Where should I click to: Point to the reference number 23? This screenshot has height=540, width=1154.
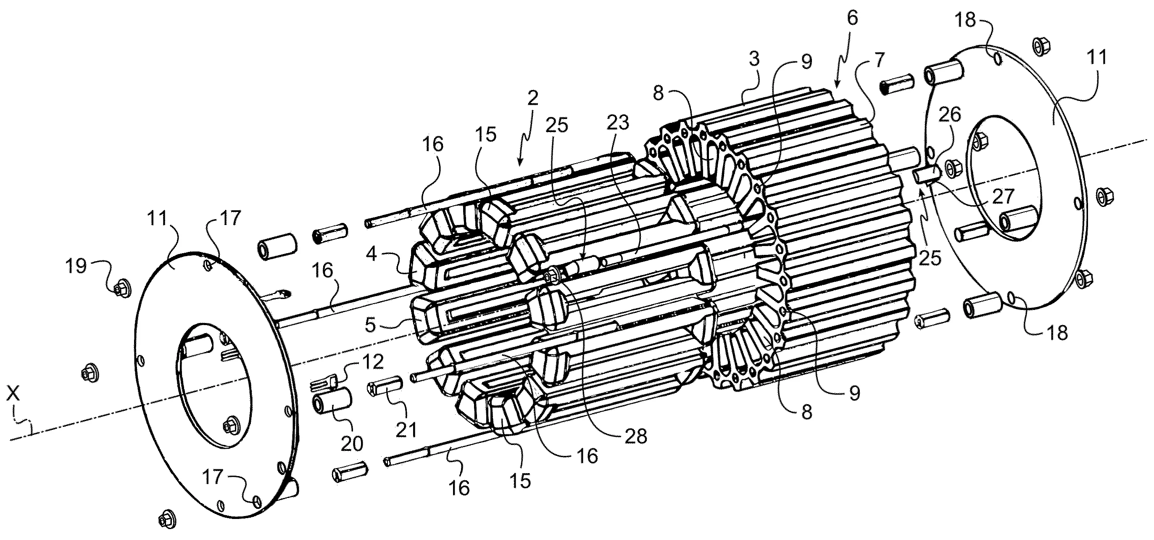coord(618,122)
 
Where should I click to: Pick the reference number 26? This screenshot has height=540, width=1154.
coord(949,115)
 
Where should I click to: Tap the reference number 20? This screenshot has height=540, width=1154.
coord(352,444)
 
